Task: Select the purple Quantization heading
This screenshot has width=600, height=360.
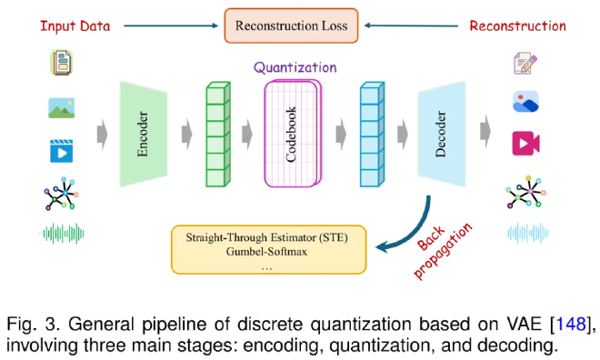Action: point(295,67)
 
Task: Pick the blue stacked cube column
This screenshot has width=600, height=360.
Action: point(370,135)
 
